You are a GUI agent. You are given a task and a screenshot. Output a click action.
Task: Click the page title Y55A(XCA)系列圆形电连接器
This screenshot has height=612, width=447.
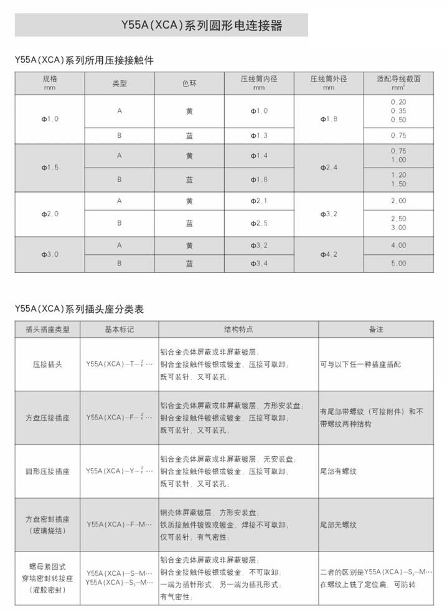[x=201, y=26]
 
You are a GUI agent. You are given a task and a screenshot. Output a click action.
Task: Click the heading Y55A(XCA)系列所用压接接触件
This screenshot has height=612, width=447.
[x=83, y=60]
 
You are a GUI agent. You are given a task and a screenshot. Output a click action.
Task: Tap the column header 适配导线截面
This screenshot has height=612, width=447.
[x=398, y=80]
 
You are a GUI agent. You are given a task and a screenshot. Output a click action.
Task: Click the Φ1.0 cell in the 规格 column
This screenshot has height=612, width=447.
[x=50, y=118]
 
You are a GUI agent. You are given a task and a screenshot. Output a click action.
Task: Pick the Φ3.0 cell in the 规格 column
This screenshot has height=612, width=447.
[x=50, y=254]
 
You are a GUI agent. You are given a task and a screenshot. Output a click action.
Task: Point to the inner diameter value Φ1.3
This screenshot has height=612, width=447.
[x=259, y=135]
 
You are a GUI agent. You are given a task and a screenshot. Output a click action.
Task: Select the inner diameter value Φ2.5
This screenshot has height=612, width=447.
[x=259, y=222]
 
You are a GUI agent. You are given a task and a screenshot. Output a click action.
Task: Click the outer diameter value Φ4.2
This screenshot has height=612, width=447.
[x=329, y=254]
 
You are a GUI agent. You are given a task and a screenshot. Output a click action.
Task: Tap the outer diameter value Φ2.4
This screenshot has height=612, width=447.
[x=329, y=167]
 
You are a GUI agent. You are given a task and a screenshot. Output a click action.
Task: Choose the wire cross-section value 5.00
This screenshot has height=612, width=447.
[x=398, y=263]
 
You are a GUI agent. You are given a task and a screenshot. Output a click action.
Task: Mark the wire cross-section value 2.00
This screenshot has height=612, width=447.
[x=398, y=201]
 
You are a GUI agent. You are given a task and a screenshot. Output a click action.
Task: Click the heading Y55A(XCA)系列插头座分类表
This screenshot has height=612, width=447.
[x=79, y=309]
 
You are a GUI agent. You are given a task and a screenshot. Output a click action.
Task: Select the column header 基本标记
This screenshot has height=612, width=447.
[x=119, y=329]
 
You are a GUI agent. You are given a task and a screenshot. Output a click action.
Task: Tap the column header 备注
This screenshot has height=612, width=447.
[x=376, y=329]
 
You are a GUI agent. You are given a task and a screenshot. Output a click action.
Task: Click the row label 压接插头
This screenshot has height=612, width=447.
[x=47, y=364]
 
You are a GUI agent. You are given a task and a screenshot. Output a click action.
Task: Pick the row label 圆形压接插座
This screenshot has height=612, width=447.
[x=47, y=471]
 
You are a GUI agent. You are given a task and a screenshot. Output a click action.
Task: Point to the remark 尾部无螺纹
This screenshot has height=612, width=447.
[x=339, y=525]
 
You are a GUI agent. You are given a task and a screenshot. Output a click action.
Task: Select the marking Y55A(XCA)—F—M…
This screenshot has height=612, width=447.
[x=119, y=525]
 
